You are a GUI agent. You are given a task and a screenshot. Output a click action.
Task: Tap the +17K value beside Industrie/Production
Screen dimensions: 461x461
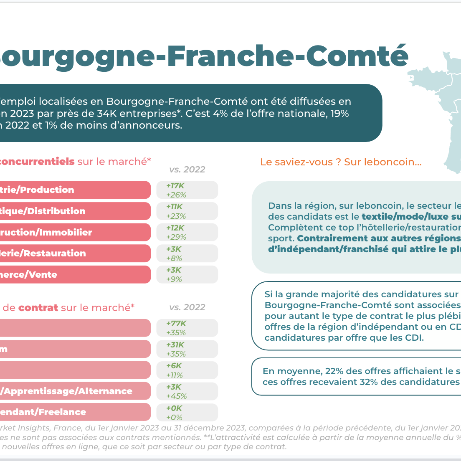(x=175, y=186)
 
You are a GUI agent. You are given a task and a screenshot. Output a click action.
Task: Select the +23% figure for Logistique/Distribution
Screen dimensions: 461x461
(x=176, y=216)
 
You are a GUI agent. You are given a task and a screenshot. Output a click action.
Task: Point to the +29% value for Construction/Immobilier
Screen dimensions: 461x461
(x=176, y=237)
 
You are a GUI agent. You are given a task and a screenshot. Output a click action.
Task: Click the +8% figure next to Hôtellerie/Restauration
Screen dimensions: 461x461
(x=174, y=258)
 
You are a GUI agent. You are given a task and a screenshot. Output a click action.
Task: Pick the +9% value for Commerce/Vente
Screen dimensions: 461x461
(x=174, y=279)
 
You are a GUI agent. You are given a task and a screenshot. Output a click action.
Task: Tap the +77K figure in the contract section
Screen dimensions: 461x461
(x=176, y=324)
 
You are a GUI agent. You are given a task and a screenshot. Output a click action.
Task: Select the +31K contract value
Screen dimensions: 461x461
(x=175, y=345)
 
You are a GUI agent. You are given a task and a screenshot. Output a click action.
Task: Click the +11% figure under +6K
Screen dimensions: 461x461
(x=175, y=375)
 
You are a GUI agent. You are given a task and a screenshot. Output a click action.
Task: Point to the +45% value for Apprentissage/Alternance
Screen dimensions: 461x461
(x=176, y=396)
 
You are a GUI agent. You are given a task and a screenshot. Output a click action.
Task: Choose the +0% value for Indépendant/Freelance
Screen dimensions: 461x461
(x=174, y=417)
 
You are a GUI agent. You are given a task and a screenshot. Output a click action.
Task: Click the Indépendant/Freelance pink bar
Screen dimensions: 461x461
(x=75, y=412)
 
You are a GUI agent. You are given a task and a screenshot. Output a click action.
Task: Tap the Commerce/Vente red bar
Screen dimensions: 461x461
(x=75, y=274)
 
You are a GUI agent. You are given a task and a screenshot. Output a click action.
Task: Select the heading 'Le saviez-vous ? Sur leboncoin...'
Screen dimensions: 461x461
(x=341, y=162)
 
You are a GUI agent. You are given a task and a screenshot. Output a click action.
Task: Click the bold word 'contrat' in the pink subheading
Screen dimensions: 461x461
(x=38, y=308)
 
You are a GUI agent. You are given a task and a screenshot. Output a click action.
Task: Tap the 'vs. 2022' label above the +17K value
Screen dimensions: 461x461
(x=187, y=170)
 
